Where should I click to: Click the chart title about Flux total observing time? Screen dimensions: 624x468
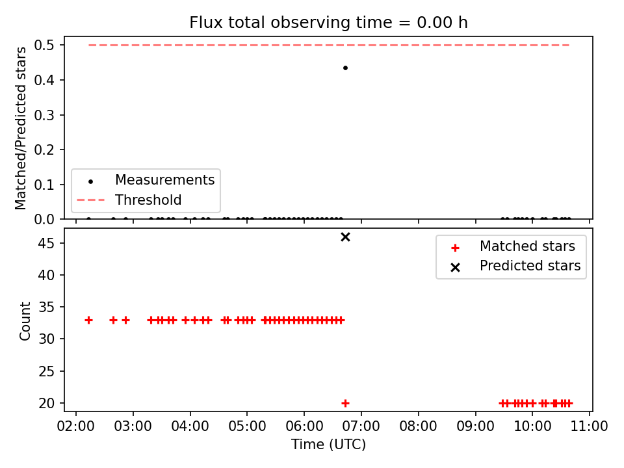tap(328, 23)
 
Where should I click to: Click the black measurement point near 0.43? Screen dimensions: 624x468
tap(345, 68)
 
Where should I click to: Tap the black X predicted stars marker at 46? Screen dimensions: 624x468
tap(345, 237)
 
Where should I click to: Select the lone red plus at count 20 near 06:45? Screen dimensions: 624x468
tap(345, 403)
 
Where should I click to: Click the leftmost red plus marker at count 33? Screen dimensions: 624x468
tap(89, 320)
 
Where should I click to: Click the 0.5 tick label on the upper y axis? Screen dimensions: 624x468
tap(44, 45)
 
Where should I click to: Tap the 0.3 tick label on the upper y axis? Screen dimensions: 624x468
tap(44, 115)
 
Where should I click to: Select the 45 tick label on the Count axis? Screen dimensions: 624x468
tap(46, 242)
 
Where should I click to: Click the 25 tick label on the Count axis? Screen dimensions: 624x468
tap(46, 371)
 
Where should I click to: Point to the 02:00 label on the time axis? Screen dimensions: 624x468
tap(75, 426)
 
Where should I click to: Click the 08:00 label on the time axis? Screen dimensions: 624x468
tap(418, 426)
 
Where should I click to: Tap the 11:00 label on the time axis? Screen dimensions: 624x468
tap(590, 426)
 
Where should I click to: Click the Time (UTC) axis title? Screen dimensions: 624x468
tap(328, 445)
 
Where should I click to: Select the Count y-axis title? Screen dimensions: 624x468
tap(25, 320)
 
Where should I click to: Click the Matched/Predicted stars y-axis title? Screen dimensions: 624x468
tap(20, 128)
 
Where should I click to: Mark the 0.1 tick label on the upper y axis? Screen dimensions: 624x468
tap(44, 185)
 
